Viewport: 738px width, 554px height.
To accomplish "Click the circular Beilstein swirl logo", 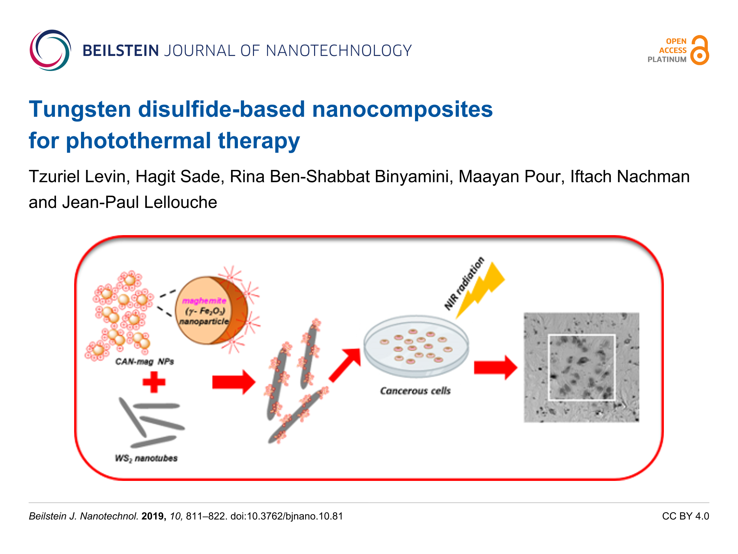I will (x=50, y=50).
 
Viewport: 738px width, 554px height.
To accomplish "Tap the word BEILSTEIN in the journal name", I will (x=120, y=51).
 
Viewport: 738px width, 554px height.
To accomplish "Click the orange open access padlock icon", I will (x=700, y=50).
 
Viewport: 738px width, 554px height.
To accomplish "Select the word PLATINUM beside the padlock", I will (x=667, y=59).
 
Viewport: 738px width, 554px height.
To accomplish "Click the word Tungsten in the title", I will (x=80, y=109).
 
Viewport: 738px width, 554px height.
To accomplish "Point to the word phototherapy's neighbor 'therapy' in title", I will (x=259, y=141).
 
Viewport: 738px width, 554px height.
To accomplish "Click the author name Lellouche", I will (x=181, y=202).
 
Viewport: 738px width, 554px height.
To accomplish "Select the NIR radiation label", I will (x=464, y=283).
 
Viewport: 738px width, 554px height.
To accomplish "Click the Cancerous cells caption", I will (x=415, y=391).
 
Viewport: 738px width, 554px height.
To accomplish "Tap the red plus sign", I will (x=154, y=382).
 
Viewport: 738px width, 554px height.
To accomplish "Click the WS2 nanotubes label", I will (x=146, y=458).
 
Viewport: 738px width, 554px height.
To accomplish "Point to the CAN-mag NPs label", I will (x=145, y=361).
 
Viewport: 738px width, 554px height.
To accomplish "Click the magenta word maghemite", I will (x=204, y=301).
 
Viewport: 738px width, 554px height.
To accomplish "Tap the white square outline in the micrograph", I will (x=581, y=367).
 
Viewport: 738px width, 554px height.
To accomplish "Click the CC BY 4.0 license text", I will (x=685, y=516).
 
